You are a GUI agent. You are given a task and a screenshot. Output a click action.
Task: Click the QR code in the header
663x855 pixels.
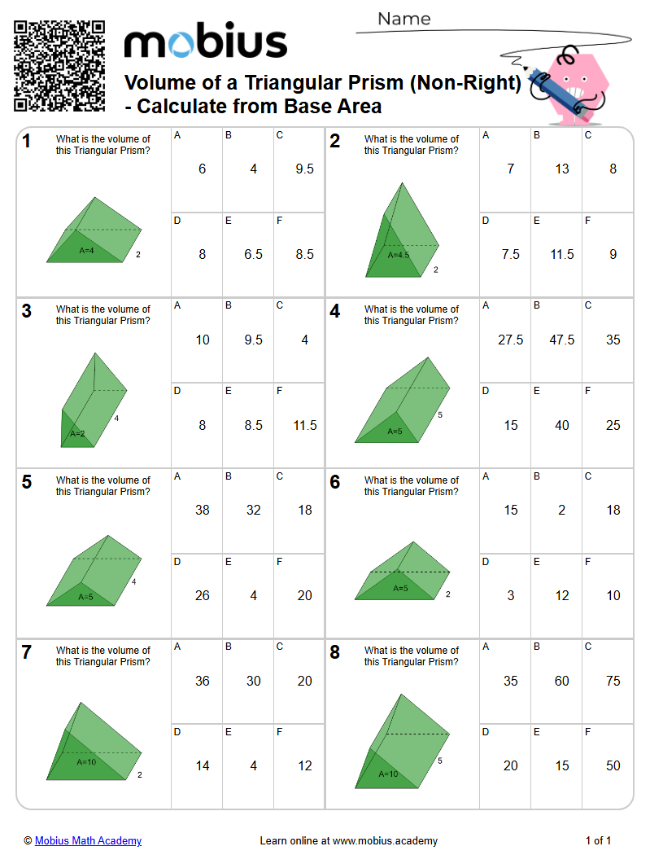(59, 66)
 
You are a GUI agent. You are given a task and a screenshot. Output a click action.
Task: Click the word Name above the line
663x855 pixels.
(403, 19)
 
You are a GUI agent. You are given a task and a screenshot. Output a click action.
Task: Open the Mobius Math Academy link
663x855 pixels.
(88, 840)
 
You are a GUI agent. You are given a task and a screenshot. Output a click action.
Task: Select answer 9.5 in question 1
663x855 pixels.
(304, 169)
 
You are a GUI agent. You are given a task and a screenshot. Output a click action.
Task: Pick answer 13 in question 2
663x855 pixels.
(561, 169)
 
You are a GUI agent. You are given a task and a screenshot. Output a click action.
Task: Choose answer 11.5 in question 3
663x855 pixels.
(304, 425)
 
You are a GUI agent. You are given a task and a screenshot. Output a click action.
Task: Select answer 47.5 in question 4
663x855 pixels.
(561, 340)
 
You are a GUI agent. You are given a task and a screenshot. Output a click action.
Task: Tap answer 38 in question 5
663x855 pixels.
(202, 511)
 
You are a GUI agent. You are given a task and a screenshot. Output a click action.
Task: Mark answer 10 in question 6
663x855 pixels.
(613, 595)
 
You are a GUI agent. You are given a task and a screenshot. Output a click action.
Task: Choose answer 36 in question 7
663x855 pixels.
(202, 681)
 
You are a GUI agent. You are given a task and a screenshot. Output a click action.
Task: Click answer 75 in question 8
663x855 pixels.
(613, 681)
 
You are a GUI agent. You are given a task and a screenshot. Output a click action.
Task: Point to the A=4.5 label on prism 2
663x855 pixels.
(399, 255)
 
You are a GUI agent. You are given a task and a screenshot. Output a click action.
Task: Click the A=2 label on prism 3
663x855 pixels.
(77, 434)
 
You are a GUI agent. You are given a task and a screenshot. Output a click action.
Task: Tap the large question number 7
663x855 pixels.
(27, 653)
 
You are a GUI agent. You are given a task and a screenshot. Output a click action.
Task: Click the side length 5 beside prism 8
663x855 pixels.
(439, 761)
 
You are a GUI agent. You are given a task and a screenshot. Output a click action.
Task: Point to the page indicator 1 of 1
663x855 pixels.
(598, 840)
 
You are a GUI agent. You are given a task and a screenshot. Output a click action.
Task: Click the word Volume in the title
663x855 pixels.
(159, 83)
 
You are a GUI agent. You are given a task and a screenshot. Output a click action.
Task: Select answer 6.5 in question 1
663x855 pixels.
(253, 255)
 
